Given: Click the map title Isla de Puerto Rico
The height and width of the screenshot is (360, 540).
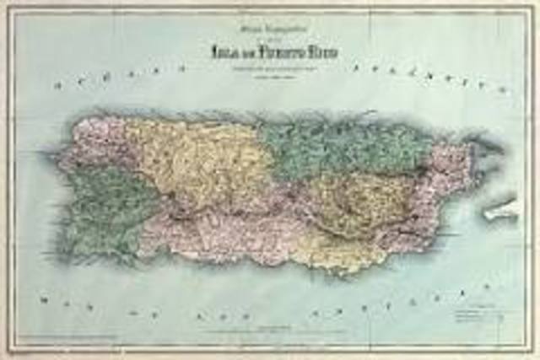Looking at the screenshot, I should [x=273, y=53].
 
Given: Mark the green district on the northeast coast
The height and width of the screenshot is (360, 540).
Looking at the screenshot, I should [x=346, y=148].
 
